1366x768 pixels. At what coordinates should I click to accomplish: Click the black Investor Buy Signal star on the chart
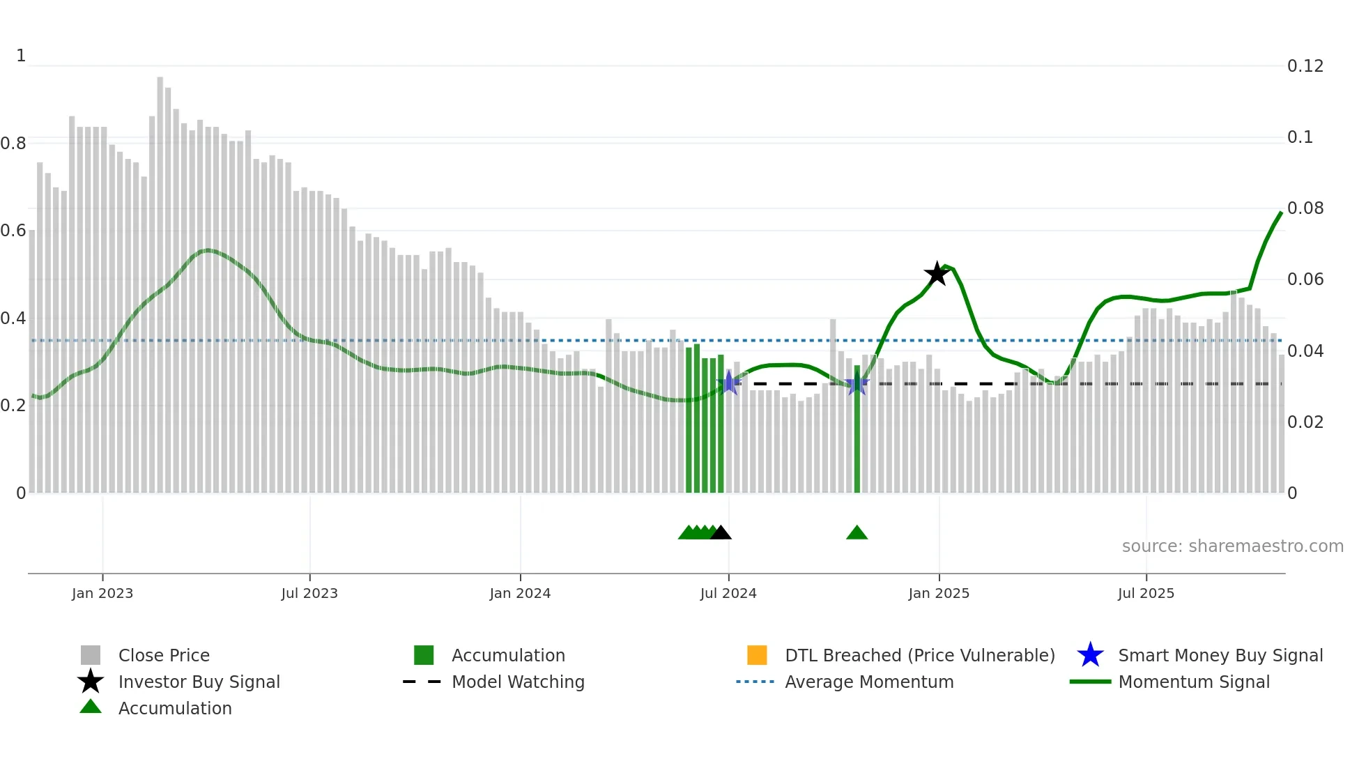tap(937, 274)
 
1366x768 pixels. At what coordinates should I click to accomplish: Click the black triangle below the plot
tap(721, 533)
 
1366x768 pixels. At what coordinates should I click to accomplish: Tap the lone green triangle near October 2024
tap(857, 533)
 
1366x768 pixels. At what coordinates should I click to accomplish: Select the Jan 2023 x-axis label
tap(102, 594)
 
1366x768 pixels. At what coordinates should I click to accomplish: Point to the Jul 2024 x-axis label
tap(728, 594)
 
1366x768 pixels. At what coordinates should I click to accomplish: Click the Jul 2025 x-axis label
tap(1146, 594)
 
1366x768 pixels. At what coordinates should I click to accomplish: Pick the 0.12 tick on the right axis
tap(1305, 66)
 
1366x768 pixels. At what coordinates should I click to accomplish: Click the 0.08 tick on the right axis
tap(1305, 208)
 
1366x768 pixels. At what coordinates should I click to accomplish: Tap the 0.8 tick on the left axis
tap(13, 144)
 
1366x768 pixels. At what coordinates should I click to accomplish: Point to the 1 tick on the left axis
tap(21, 56)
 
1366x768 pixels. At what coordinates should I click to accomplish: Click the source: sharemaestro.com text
tap(1232, 546)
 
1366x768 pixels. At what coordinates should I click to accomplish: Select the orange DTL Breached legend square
tap(757, 655)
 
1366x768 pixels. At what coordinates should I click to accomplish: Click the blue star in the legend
tap(1090, 655)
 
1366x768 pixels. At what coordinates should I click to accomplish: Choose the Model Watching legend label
tap(518, 682)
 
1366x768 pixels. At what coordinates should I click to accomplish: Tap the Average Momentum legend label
tap(869, 682)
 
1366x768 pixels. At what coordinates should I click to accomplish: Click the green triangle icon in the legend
tap(91, 707)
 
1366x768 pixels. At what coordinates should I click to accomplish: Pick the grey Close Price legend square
tap(91, 655)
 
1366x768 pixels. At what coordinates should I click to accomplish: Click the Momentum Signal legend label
tap(1194, 682)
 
